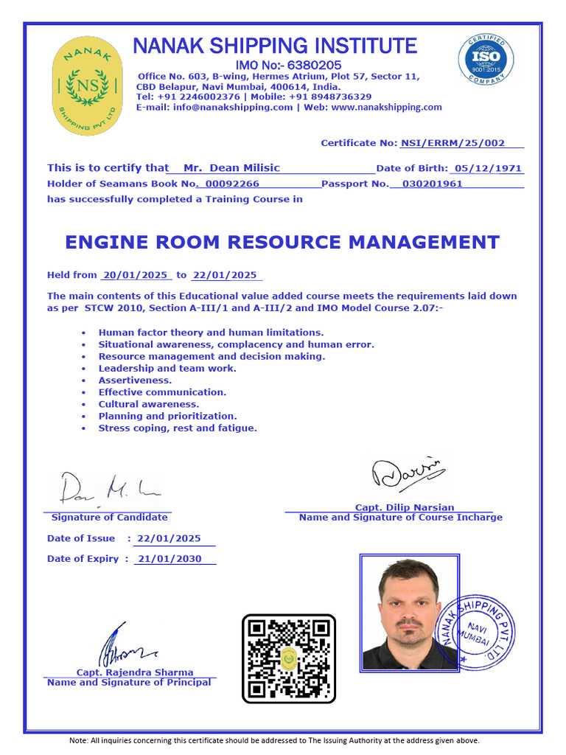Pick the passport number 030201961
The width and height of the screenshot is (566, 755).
coord(427,184)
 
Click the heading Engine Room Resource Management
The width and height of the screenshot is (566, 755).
coord(282,242)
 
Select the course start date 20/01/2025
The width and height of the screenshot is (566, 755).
coord(137,275)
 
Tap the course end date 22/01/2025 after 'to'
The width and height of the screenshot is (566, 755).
coord(224,275)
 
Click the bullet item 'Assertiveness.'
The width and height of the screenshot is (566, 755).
coord(135,380)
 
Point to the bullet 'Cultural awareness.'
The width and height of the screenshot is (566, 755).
coord(149,404)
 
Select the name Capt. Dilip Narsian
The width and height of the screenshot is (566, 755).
coord(405,507)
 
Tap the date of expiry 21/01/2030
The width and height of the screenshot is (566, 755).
coord(168,559)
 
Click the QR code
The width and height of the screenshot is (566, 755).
coord(289,658)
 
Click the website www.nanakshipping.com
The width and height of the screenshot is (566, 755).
coord(387,107)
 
